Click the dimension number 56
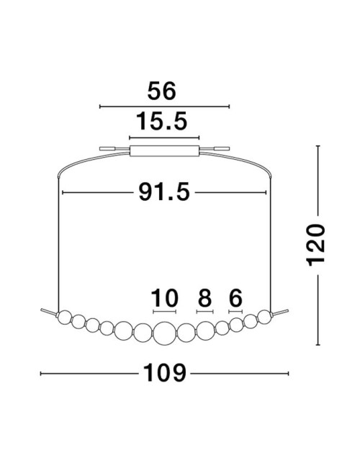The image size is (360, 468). click(161, 91)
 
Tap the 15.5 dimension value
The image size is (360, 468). click(162, 122)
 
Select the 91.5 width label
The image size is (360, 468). click(164, 192)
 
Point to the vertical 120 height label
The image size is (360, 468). click(315, 245)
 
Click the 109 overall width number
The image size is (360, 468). click(164, 373)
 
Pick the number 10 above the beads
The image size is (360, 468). click(164, 298)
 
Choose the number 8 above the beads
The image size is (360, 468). click(204, 298)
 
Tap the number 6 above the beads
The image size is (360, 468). click(235, 298)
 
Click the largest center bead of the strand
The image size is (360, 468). click(165, 333)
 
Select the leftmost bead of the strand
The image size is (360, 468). click(65, 318)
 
